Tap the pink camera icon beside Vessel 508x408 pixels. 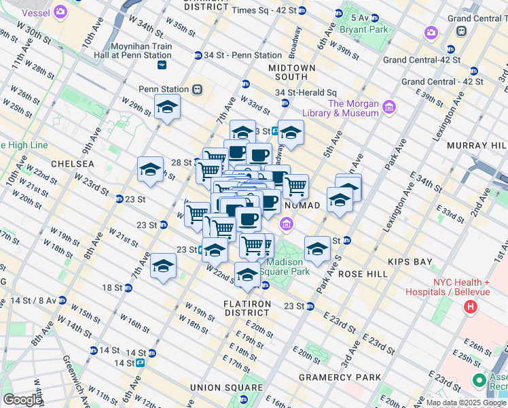point(60,12)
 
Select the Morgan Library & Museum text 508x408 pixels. point(352,108)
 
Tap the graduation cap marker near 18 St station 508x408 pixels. point(163,266)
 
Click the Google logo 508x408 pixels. point(22,400)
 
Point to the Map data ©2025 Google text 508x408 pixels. point(467,403)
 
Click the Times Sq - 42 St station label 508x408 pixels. point(264,11)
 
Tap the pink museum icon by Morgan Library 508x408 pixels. point(388,107)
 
